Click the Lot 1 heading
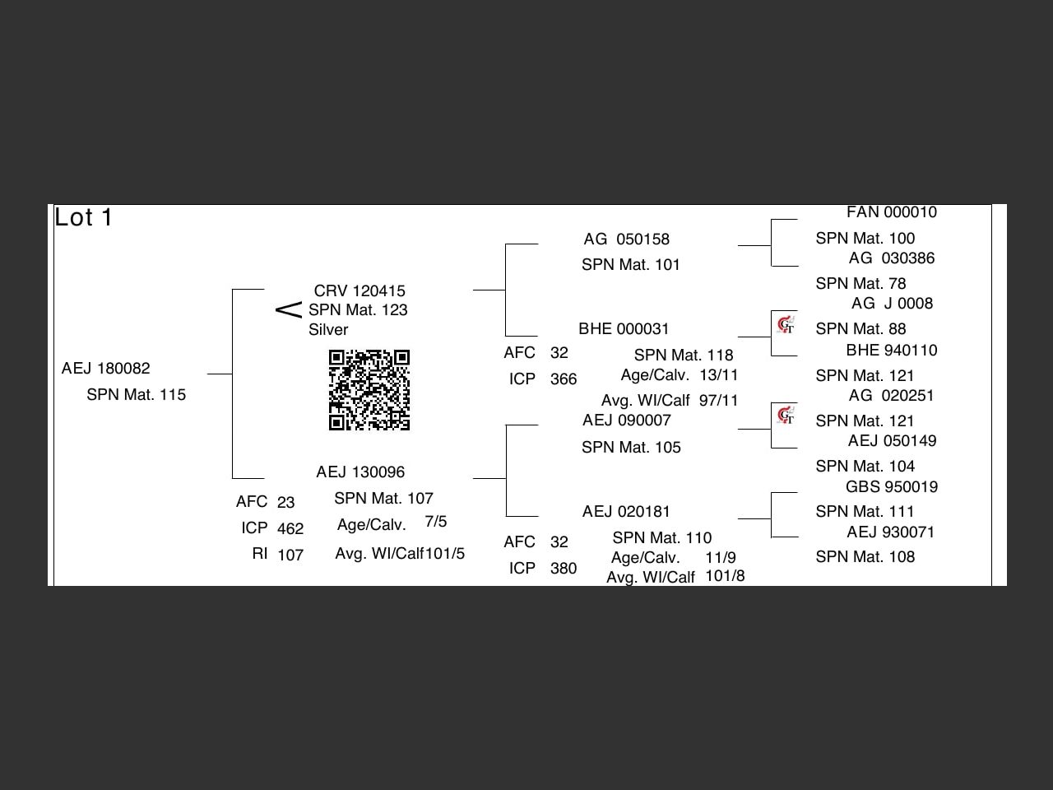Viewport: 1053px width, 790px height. [83, 217]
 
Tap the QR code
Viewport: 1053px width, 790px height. [369, 390]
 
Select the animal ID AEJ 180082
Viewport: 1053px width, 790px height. [105, 368]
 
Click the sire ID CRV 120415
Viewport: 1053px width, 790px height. [360, 290]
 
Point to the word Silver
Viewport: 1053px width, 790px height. [328, 329]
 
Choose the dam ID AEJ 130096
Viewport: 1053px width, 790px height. [360, 472]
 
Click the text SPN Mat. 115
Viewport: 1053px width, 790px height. [136, 394]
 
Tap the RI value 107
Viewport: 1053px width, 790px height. [290, 555]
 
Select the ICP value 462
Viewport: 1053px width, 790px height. [290, 528]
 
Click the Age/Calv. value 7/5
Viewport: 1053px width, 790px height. [436, 522]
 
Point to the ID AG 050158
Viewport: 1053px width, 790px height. [626, 239]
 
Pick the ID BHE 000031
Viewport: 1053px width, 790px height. [624, 328]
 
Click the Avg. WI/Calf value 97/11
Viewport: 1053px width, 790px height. [719, 400]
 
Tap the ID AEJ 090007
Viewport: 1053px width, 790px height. [626, 420]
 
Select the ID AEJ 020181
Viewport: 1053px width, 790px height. [626, 511]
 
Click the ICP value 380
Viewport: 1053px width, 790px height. [564, 568]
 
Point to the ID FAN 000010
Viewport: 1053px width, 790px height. [891, 211]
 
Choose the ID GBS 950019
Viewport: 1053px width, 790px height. [891, 486]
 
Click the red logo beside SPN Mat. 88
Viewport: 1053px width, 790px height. [786, 325]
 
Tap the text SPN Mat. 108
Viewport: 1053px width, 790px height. [865, 556]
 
